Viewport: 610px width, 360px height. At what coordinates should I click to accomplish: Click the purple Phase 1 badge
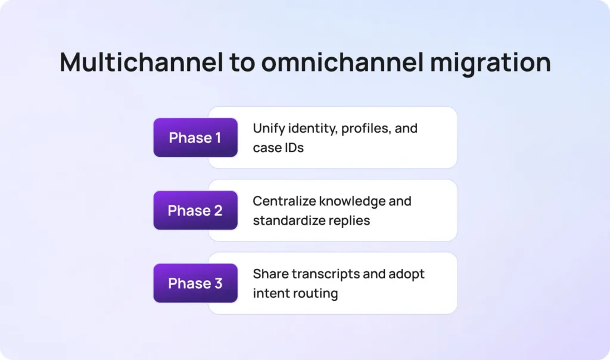[195, 138]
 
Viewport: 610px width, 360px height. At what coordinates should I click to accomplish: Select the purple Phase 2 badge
[195, 210]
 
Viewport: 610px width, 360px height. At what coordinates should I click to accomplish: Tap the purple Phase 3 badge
[195, 283]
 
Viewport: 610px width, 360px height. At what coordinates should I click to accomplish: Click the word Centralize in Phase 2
[284, 201]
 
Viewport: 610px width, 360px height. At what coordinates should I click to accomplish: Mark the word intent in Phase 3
[270, 293]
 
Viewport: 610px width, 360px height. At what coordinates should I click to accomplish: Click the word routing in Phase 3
[315, 293]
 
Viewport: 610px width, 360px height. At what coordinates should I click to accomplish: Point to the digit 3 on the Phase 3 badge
[218, 283]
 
